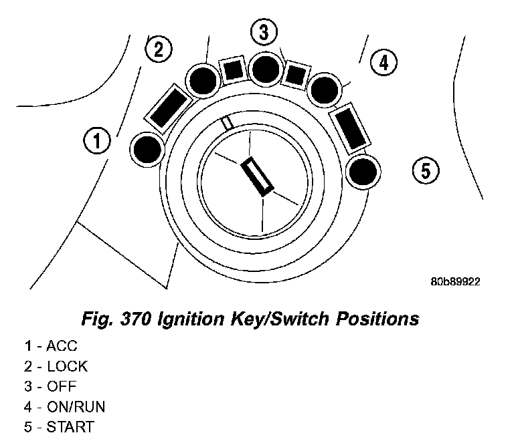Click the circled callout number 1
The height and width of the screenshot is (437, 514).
tap(97, 141)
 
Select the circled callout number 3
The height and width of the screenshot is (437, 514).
tap(264, 32)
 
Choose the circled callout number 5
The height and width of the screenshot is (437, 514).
tap(425, 170)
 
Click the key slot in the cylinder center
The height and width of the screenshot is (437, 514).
tap(257, 176)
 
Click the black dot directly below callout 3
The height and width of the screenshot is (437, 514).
tap(266, 68)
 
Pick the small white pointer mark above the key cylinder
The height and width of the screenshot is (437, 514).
tap(228, 124)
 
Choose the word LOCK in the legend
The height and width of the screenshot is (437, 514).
tap(67, 366)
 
